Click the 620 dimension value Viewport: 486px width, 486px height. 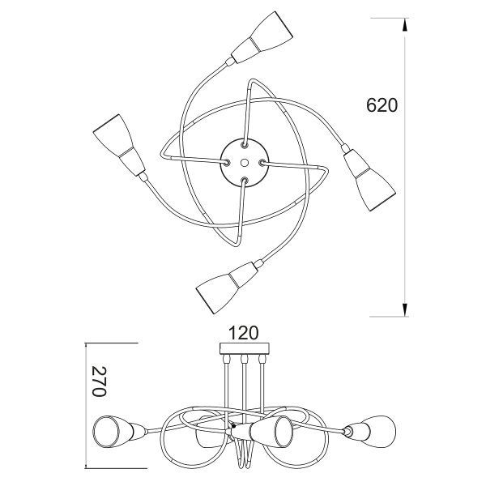382,105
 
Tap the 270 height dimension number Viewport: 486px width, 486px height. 100,382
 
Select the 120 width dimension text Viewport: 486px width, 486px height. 243,333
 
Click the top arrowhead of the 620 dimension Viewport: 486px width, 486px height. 404,24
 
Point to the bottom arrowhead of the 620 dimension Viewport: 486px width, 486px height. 404,310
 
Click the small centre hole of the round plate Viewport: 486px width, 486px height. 244,162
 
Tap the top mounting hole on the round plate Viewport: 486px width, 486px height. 245,144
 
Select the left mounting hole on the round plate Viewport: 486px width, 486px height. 227,161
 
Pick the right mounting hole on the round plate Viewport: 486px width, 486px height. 262,162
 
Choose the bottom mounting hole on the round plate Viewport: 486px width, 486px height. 245,180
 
